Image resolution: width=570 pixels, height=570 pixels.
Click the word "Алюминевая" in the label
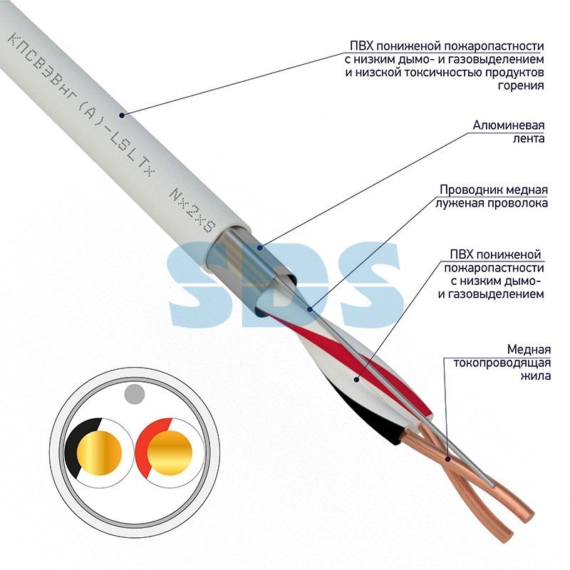click(508, 125)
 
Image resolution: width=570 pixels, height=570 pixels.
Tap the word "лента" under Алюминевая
click(528, 139)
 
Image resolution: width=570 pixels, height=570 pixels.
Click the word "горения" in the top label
click(521, 85)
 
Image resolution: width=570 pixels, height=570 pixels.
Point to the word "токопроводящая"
click(502, 363)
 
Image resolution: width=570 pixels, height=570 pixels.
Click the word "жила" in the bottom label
click(536, 375)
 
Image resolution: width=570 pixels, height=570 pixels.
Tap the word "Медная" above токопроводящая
click(529, 350)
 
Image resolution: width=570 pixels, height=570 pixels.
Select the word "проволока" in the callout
click(517, 203)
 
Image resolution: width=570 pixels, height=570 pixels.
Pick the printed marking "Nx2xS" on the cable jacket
click(192, 210)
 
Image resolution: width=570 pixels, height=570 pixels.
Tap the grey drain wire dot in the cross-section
click(134, 395)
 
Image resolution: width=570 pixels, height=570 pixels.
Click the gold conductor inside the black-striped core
click(99, 453)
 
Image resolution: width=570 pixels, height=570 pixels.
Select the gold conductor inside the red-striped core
click(170, 453)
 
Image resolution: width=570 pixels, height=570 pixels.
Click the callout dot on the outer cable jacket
click(122, 115)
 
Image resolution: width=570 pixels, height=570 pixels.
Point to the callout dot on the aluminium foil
click(259, 248)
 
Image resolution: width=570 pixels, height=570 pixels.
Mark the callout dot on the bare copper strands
click(448, 459)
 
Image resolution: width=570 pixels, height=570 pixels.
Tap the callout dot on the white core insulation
click(357, 380)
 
